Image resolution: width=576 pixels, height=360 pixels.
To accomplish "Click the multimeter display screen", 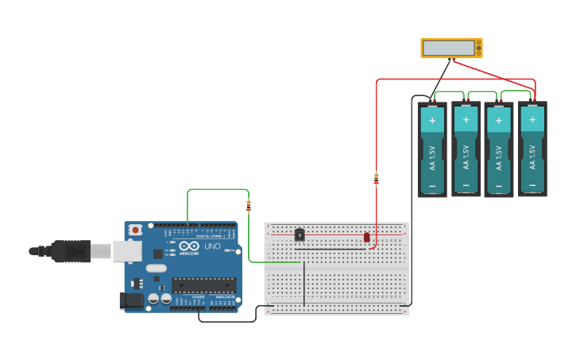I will click(450, 48).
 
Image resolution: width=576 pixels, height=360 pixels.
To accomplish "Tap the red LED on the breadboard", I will click(367, 237).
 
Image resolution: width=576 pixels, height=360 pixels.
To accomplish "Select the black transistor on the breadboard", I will click(300, 234).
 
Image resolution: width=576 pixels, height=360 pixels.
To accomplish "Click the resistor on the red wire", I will click(377, 179).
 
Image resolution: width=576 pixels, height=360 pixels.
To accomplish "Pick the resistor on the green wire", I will click(249, 207).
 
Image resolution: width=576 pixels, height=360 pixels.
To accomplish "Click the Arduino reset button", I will click(136, 230).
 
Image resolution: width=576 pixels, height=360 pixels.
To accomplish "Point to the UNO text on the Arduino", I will click(212, 246).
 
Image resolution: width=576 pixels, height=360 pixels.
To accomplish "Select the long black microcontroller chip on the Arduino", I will click(204, 285).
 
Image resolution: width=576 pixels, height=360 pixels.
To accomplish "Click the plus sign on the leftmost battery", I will click(432, 121).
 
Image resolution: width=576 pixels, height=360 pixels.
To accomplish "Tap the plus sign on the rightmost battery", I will click(532, 121).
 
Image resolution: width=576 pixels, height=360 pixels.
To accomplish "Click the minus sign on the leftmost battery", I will click(432, 187).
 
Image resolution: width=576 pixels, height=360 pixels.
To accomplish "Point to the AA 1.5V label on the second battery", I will click(466, 156).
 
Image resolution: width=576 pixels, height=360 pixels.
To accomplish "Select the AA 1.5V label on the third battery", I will click(499, 156).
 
